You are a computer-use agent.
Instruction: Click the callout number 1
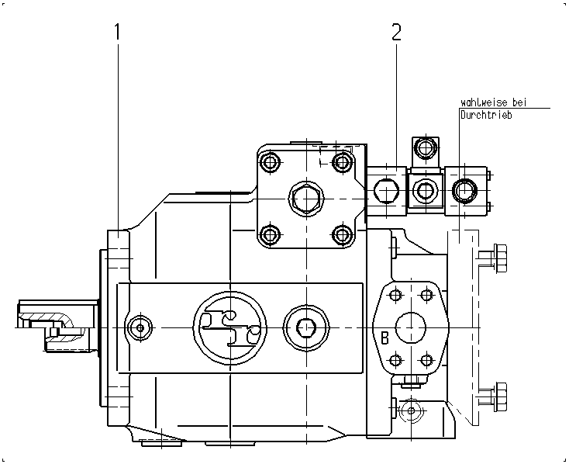117,32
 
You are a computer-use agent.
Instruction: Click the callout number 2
397,32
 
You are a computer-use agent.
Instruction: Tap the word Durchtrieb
486,115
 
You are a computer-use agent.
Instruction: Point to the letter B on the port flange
385,338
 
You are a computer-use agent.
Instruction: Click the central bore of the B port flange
411,327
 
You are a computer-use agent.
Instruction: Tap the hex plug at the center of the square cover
307,199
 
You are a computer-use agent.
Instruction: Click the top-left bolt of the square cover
270,162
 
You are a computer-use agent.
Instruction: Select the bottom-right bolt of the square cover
341,234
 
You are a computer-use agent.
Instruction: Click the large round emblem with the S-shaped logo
230,327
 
